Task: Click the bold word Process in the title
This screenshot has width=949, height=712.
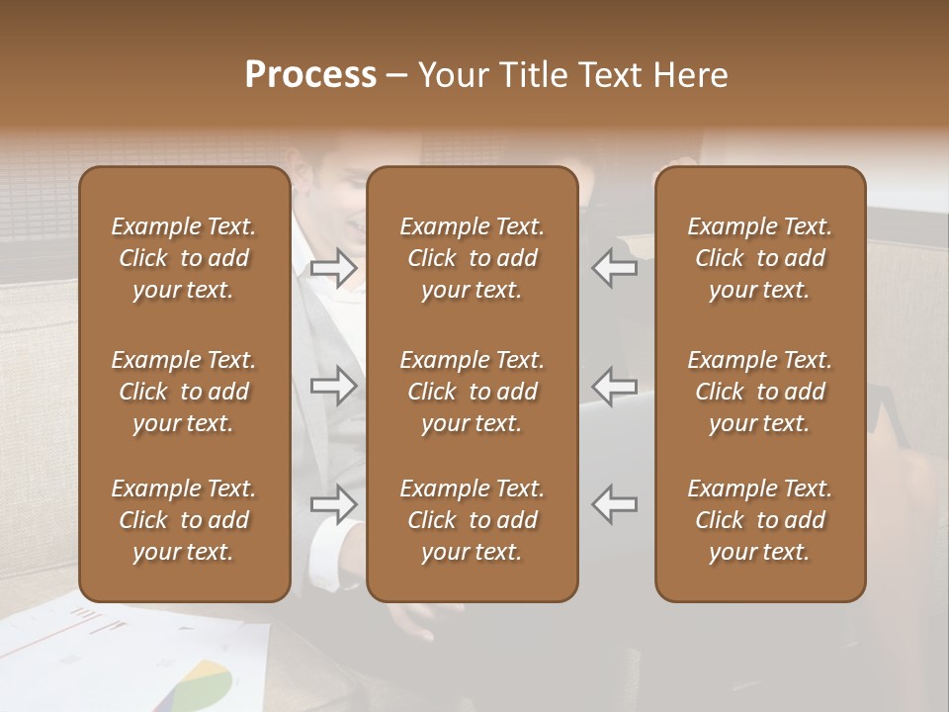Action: click(x=310, y=75)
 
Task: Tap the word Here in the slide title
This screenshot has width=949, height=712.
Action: click(x=688, y=75)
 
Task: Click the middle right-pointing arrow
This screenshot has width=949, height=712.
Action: click(x=333, y=386)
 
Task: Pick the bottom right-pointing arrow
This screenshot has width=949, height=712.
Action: click(x=333, y=503)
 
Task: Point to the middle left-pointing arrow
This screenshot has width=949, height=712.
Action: click(x=615, y=386)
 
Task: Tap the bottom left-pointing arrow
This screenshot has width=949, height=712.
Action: click(x=615, y=503)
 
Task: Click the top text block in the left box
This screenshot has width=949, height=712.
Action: click(x=184, y=258)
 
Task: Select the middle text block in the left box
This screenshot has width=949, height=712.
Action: click(x=184, y=392)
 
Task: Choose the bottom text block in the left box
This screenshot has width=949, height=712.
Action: click(x=184, y=520)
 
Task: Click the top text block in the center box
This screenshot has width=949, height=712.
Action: click(x=473, y=258)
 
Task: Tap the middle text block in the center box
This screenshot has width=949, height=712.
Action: click(x=473, y=392)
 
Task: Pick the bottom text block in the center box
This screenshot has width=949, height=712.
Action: click(x=473, y=520)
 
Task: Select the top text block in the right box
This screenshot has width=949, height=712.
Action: click(x=760, y=258)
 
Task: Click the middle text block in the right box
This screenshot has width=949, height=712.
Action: click(x=760, y=392)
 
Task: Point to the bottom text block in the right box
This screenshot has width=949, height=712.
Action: click(x=760, y=520)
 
